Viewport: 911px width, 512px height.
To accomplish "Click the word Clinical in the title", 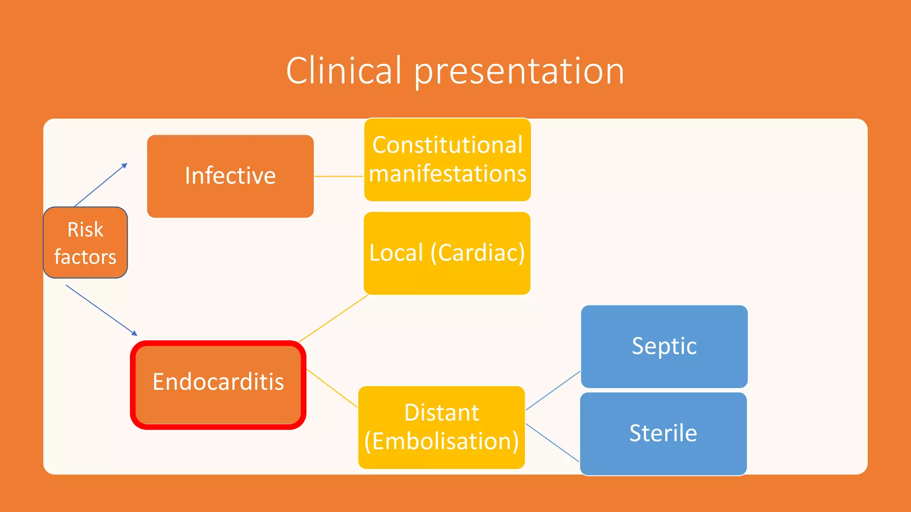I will (343, 71).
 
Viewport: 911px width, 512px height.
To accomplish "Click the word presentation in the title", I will (519, 72).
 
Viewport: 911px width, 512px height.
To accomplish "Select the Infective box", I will (230, 176).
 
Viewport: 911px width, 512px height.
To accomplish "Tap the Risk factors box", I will (85, 242).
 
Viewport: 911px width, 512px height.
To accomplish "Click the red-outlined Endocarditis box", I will (218, 384).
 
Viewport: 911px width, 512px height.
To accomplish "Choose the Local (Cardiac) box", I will (447, 253).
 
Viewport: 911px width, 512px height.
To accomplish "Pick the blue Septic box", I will (664, 346).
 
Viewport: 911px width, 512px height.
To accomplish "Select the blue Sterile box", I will (663, 433).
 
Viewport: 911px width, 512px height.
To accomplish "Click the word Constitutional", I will (447, 145).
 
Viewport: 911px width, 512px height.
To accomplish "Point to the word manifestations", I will (447, 173).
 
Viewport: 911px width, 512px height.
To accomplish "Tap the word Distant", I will (441, 412).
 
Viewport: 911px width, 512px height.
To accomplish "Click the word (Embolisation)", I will (441, 441).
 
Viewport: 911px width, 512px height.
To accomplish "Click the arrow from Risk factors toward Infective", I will (101, 185).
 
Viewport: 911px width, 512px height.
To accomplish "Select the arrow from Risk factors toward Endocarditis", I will (101, 310).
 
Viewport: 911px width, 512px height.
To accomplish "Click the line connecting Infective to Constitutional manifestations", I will (339, 176).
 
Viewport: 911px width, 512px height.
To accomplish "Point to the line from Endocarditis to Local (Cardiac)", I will (333, 318).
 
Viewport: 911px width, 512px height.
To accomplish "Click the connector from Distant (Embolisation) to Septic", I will (553, 390).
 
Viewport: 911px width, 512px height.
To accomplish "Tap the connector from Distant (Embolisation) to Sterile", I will (552, 443).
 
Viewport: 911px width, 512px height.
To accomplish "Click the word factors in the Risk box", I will (85, 257).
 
